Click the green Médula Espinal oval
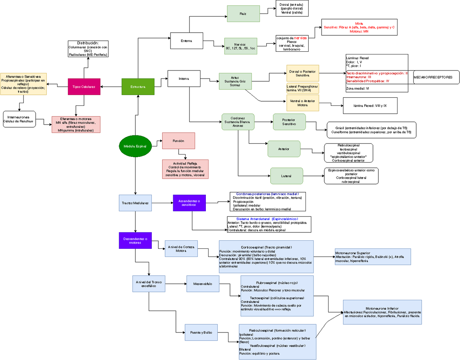(x=135, y=146)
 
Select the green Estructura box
(x=138, y=86)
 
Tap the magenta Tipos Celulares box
(x=84, y=86)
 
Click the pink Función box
(x=178, y=141)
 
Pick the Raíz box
(x=243, y=13)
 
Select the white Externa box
(x=186, y=40)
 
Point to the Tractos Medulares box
(x=135, y=202)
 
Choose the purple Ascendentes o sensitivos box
(x=189, y=202)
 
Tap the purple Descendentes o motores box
(x=135, y=240)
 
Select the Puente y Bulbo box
(x=201, y=332)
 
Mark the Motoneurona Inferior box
(x=382, y=312)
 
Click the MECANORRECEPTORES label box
(x=436, y=77)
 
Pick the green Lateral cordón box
(x=286, y=176)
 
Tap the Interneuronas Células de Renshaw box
(x=19, y=119)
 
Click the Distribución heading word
(x=88, y=43)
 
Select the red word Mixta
(x=359, y=23)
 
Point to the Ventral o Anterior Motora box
(x=302, y=103)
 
